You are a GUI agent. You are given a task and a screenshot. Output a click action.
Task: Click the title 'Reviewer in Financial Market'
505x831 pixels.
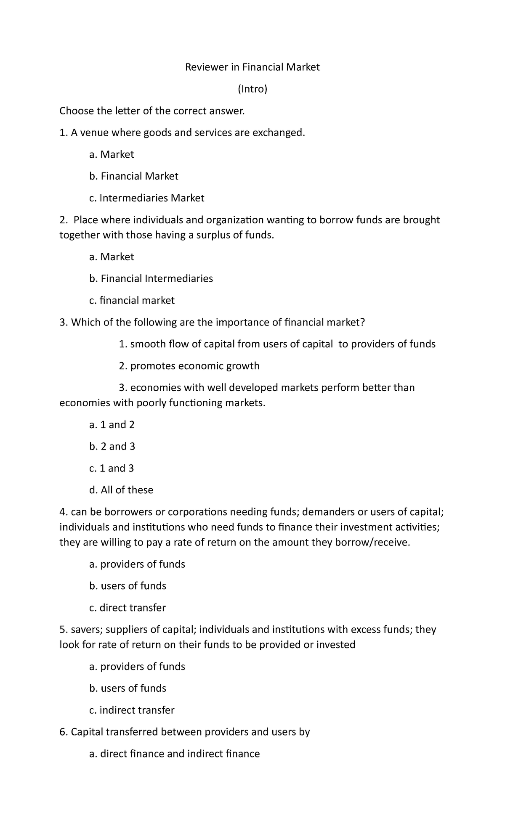(252, 67)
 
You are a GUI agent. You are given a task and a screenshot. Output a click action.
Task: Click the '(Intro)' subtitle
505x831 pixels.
(252, 89)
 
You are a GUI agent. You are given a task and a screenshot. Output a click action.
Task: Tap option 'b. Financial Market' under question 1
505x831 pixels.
(134, 176)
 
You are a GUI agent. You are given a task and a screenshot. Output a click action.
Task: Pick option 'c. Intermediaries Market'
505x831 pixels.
(147, 198)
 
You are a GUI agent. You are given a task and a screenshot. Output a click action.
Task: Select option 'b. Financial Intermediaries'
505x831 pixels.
(151, 278)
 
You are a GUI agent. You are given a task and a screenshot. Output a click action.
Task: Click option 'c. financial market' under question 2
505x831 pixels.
(132, 300)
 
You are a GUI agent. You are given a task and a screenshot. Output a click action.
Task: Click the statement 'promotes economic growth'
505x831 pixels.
(194, 366)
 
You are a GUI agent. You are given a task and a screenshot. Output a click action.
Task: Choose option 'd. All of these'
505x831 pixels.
(121, 490)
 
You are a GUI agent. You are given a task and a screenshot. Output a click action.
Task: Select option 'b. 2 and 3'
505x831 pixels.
(112, 446)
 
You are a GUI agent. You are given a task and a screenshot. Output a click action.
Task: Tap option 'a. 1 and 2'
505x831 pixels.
(112, 425)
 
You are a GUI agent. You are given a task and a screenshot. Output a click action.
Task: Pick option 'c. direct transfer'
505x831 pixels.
(128, 608)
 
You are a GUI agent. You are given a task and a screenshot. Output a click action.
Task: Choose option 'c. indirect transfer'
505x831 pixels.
(132, 710)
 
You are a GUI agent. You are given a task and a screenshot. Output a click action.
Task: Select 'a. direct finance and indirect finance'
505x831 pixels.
(175, 754)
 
